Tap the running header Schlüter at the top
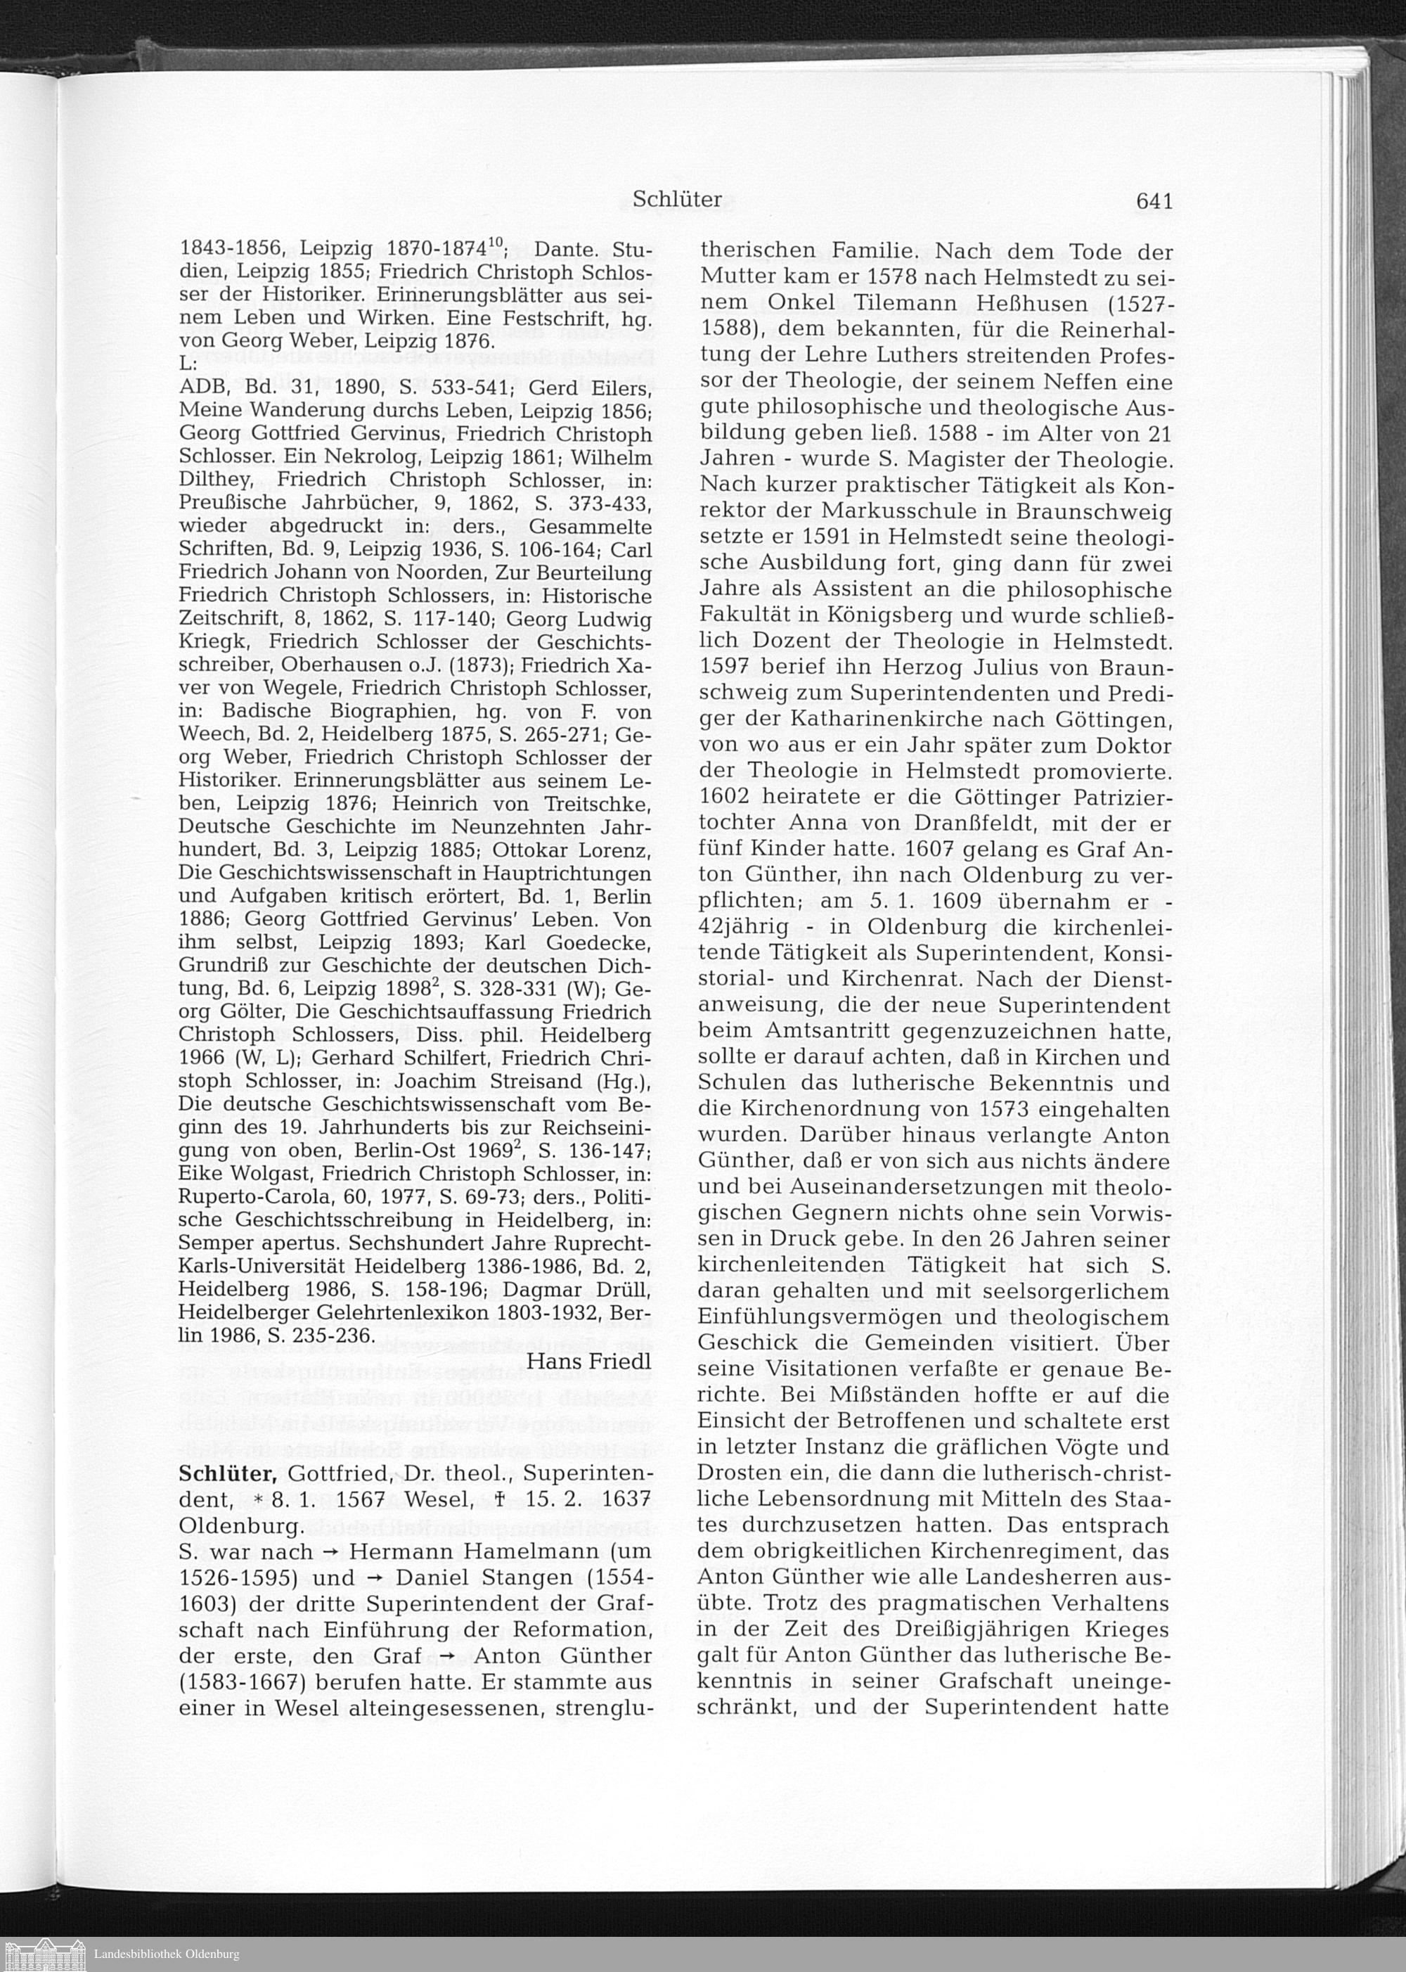click(x=677, y=200)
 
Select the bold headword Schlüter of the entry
click(x=228, y=1474)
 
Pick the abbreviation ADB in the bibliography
click(x=200, y=388)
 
